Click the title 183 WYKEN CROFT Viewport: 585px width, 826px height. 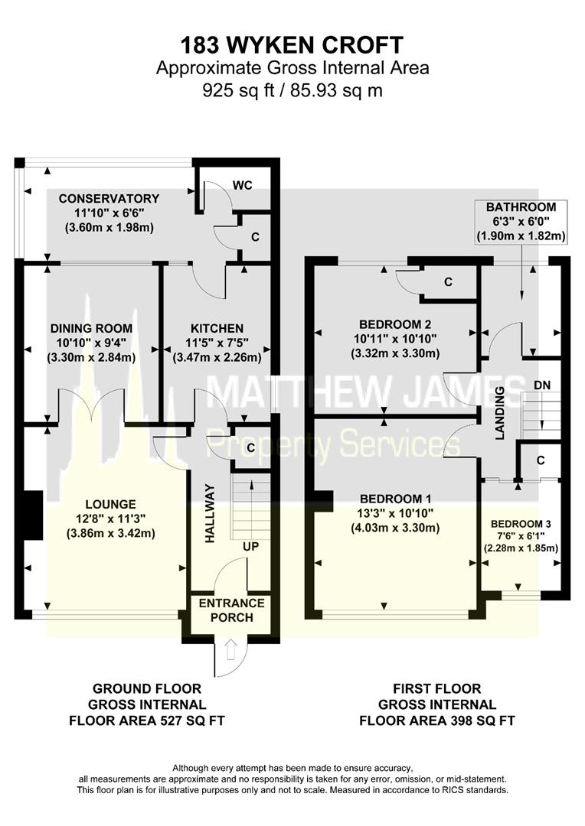click(x=292, y=43)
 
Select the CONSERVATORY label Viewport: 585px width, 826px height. click(x=109, y=199)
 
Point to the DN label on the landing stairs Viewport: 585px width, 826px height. click(x=542, y=384)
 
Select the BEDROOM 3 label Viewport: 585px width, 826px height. click(x=521, y=524)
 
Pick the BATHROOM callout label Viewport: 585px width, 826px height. click(x=521, y=207)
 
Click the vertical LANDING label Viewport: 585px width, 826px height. click(x=499, y=413)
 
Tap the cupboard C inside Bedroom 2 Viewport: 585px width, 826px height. click(x=449, y=281)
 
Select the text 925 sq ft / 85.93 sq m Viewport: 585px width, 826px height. click(x=292, y=90)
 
